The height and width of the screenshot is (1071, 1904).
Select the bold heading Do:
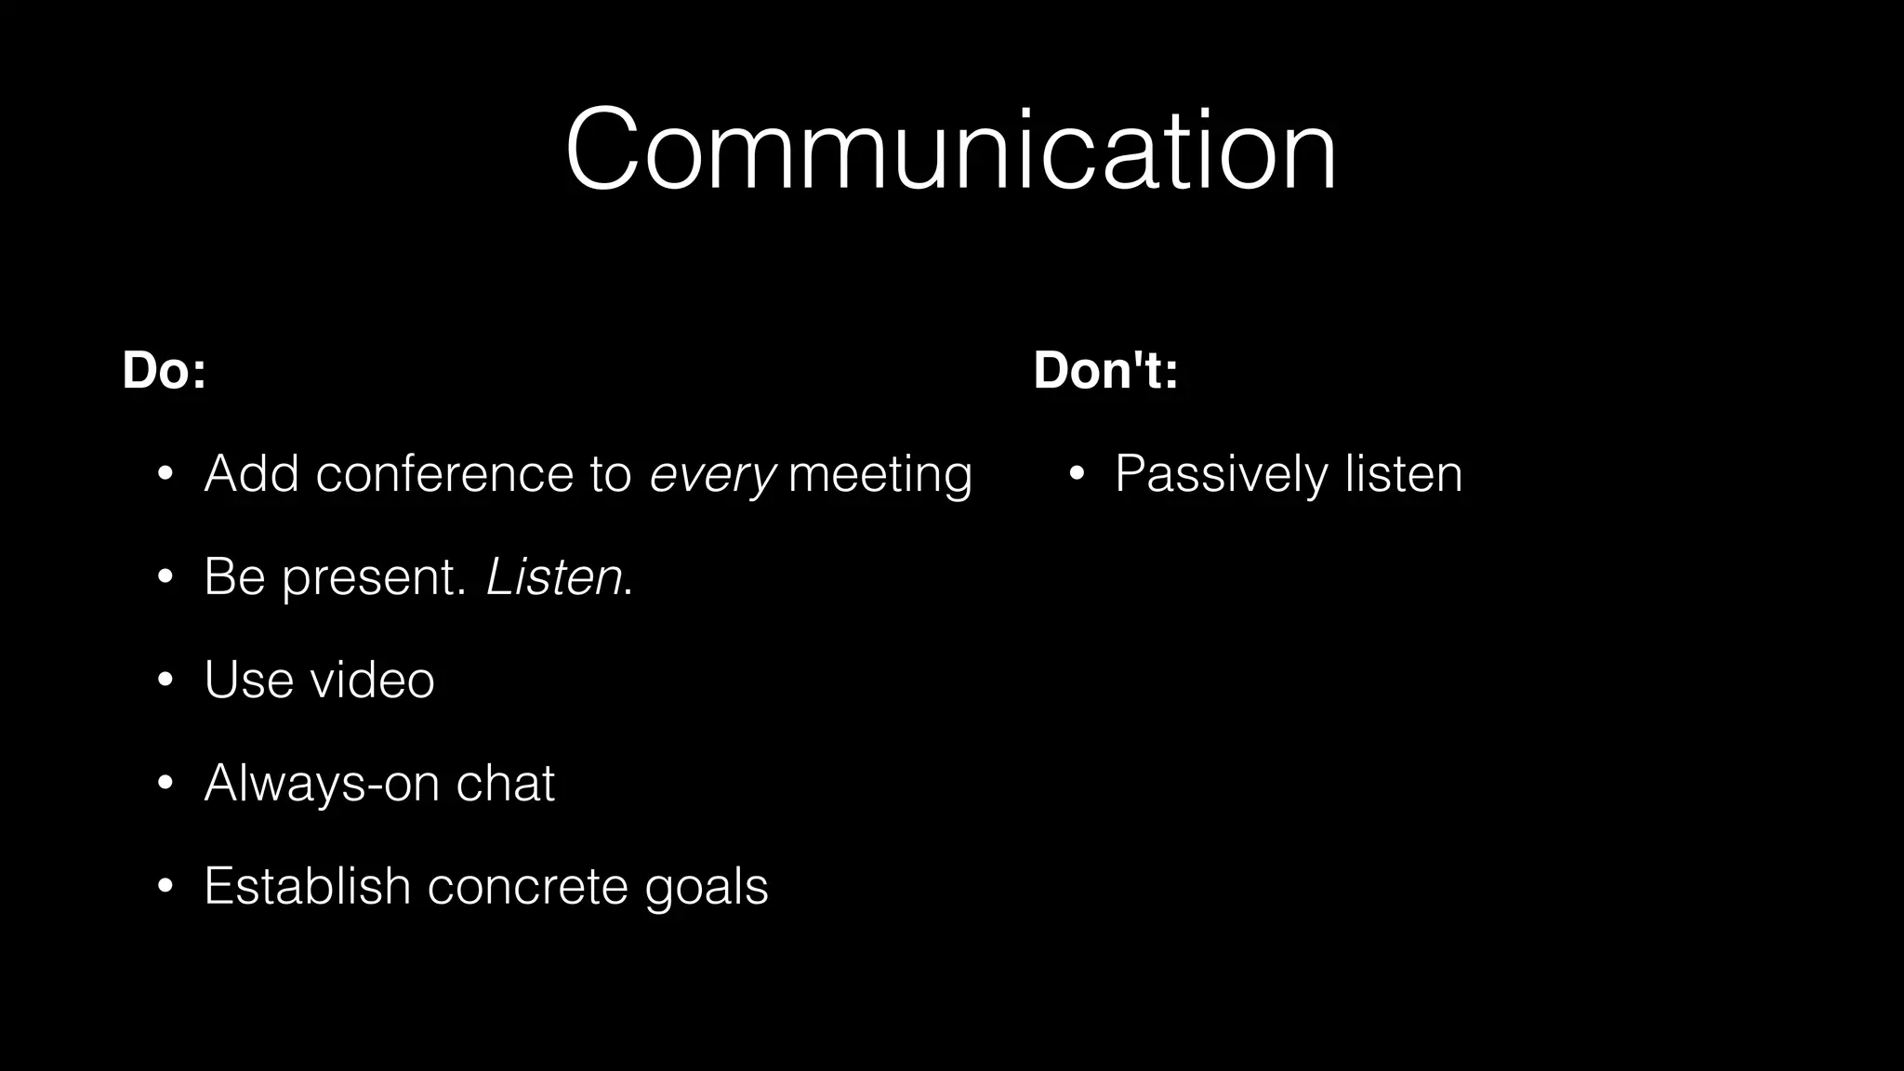(x=164, y=370)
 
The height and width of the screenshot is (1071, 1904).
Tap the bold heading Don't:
(x=1105, y=370)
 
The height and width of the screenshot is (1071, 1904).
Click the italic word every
(x=711, y=475)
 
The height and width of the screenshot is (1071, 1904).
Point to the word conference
(x=444, y=474)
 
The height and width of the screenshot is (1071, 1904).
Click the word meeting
(x=879, y=475)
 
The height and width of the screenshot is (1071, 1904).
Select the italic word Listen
(x=554, y=577)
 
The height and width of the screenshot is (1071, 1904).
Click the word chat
(x=505, y=783)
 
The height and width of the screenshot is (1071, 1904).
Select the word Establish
(x=307, y=885)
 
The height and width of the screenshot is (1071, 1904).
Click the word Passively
(x=1222, y=475)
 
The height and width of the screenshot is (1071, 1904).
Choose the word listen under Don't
(x=1404, y=474)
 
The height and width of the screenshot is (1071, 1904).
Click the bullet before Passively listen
(x=1077, y=475)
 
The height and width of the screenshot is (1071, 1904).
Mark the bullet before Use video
(x=165, y=681)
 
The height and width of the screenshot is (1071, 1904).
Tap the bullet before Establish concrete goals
(x=165, y=886)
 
